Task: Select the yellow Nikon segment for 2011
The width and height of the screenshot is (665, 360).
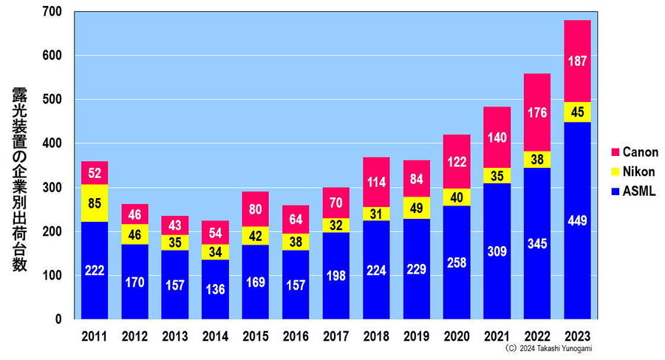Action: [x=95, y=203]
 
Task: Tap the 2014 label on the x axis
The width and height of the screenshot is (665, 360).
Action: [x=215, y=336]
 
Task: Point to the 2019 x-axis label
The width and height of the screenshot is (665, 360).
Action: [x=416, y=336]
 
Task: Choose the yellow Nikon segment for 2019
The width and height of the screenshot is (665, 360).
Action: [x=416, y=208]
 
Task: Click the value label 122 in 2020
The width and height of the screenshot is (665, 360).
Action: [x=456, y=160]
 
